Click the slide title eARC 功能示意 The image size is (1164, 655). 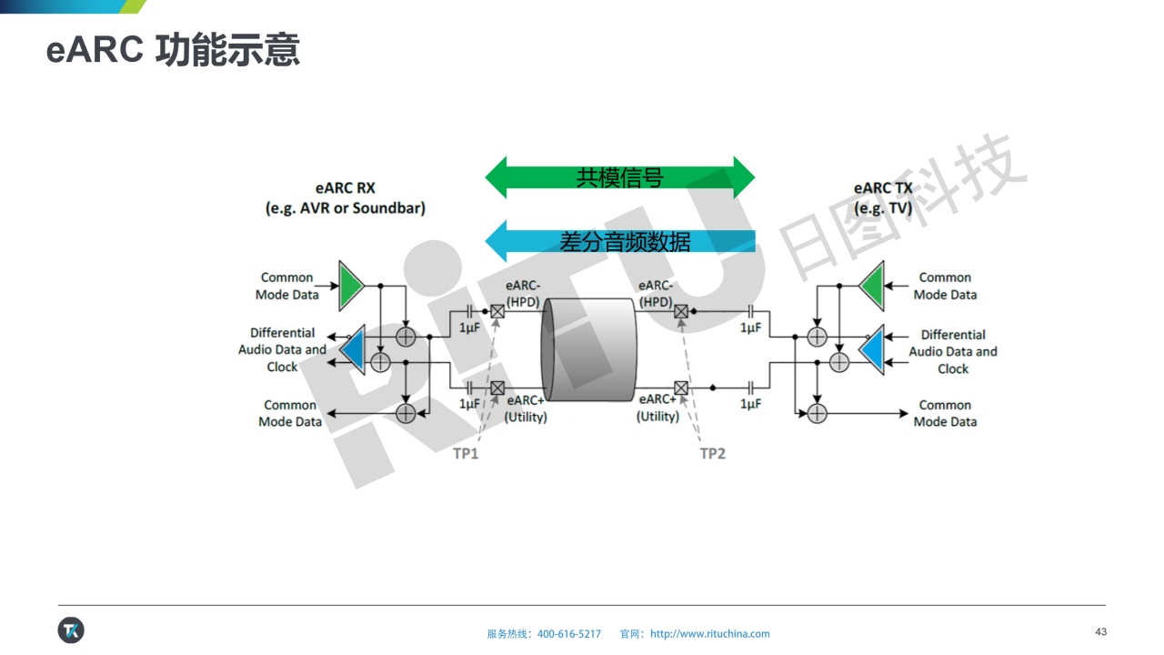[x=173, y=50]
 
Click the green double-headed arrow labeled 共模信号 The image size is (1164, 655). [x=619, y=177]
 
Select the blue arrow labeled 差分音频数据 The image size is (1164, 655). [x=619, y=241]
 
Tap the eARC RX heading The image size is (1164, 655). [x=346, y=188]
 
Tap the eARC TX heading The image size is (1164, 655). [x=882, y=188]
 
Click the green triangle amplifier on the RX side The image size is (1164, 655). [x=350, y=286]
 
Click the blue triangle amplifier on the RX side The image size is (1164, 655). [x=352, y=349]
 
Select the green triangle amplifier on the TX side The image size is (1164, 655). [x=872, y=286]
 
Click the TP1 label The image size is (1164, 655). [x=466, y=453]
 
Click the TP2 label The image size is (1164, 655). [x=712, y=453]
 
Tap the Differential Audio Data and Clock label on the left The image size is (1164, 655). [x=282, y=350]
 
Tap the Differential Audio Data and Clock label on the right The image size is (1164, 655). [x=952, y=351]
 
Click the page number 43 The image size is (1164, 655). [x=1100, y=632]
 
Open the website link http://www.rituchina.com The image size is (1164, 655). [x=710, y=634]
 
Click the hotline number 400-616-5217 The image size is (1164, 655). [x=569, y=634]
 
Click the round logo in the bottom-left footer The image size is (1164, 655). [x=71, y=630]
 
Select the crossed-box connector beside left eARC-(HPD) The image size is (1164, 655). [x=497, y=312]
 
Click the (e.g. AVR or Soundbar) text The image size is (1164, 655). [x=346, y=207]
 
